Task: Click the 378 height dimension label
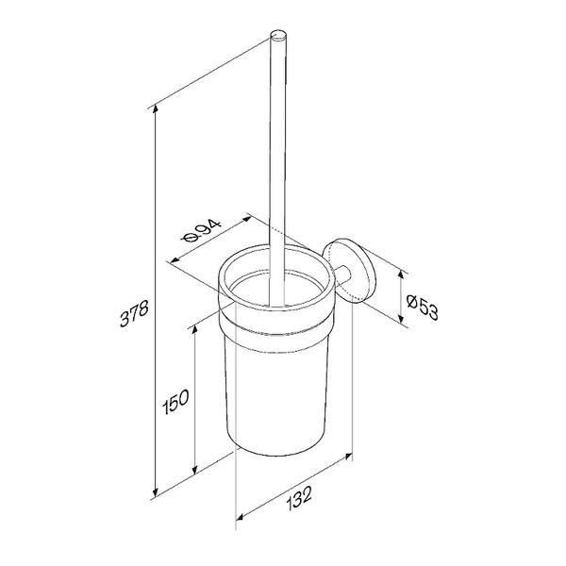134,313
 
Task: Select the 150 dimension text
175,402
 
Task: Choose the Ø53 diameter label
423,308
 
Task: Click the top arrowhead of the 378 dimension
156,108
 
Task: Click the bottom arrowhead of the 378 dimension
156,491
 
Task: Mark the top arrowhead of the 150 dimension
195,329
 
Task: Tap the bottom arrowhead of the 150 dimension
195,469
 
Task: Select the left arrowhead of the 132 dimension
240,517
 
